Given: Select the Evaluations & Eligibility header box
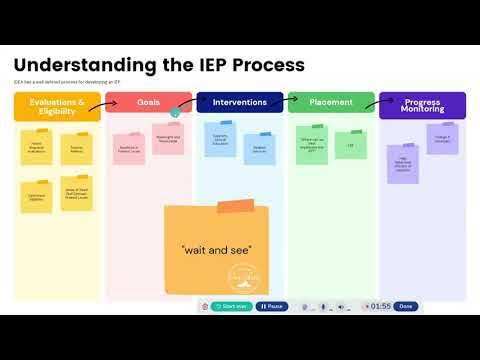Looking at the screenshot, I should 57,105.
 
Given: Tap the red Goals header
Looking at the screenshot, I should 148,103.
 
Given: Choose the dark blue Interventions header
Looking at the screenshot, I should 240,103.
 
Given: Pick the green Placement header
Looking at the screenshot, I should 331,103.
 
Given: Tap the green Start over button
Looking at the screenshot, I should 232,306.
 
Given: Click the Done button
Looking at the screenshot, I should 405,306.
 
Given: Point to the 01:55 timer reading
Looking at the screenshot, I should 380,306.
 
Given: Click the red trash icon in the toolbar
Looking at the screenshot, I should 205,306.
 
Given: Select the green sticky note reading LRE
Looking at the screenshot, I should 350,146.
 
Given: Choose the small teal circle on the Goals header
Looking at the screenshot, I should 176,113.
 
